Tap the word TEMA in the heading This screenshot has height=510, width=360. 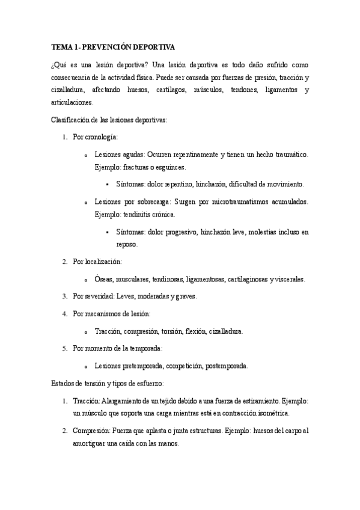point(61,47)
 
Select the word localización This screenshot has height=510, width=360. point(103,262)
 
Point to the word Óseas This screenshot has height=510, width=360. point(103,279)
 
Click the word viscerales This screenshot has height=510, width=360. point(290,279)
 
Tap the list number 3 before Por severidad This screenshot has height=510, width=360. point(65,296)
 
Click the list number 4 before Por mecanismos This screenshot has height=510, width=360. point(65,314)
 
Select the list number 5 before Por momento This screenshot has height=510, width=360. point(65,348)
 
